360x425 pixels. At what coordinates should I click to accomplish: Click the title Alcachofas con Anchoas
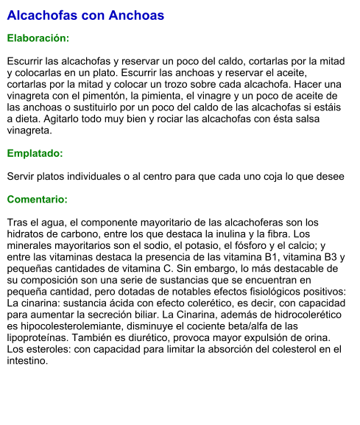(x=85, y=15)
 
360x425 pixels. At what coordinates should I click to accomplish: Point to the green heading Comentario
(x=37, y=200)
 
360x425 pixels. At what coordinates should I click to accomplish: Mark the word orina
(x=318, y=338)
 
